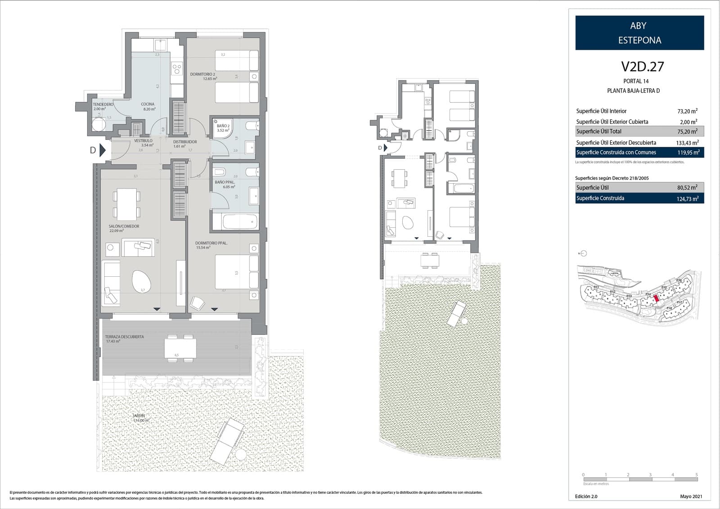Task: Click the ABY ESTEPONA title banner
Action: pyautogui.click(x=639, y=33)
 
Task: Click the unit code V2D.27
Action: pyautogui.click(x=642, y=67)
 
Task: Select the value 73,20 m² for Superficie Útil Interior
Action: pyautogui.click(x=687, y=111)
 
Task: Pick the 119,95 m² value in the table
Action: pyautogui.click(x=688, y=153)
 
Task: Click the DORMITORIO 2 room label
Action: pyautogui.click(x=202, y=74)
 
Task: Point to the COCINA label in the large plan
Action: pyautogui.click(x=148, y=104)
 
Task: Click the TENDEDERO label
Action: pyautogui.click(x=103, y=104)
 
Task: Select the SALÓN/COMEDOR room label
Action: pyautogui.click(x=124, y=226)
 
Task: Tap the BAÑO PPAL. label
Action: pyautogui.click(x=225, y=182)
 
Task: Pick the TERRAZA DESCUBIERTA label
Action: pyautogui.click(x=124, y=337)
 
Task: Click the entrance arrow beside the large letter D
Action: pyautogui.click(x=103, y=150)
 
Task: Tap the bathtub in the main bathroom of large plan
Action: pyautogui.click(x=234, y=222)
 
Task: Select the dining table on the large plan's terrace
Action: pyautogui.click(x=180, y=347)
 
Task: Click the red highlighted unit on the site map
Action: pyautogui.click(x=656, y=297)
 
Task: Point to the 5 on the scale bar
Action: pyautogui.click(x=696, y=475)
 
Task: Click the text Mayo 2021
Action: pyautogui.click(x=691, y=496)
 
